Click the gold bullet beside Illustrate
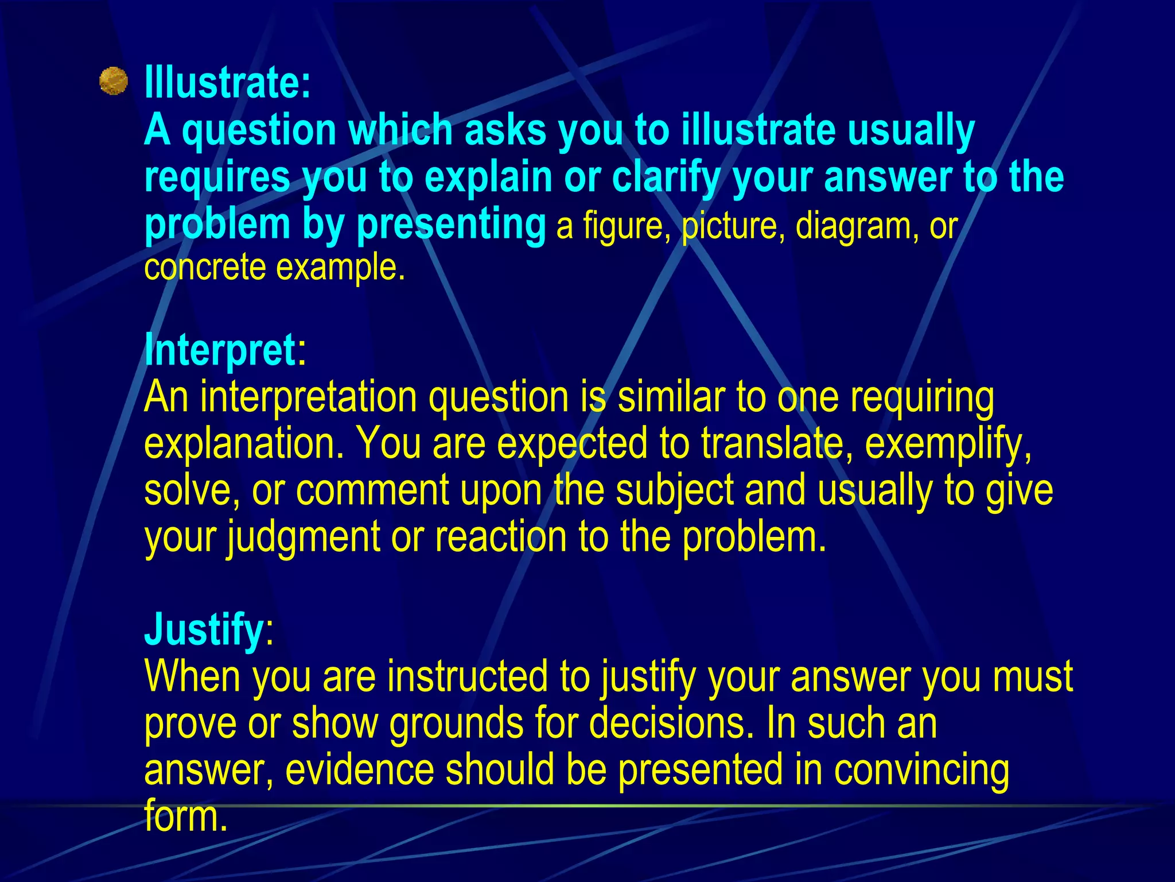coord(113,81)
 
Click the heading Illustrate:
coord(227,83)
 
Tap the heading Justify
coord(204,629)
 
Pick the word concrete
coord(205,268)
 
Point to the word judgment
coord(302,537)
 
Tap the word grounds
coord(456,724)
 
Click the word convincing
coord(921,771)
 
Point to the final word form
coord(186,816)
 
